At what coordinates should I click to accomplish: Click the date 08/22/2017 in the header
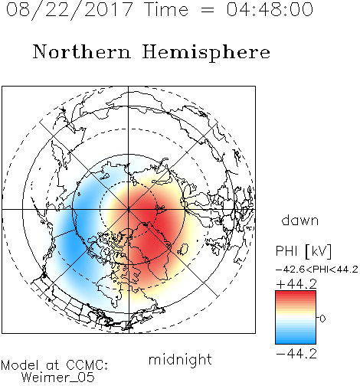(69, 9)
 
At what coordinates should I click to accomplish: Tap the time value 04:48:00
(270, 9)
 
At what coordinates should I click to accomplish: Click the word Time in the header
(166, 9)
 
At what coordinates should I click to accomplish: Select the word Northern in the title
(82, 52)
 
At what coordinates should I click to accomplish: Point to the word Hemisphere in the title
(206, 53)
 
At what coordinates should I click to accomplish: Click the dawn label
(300, 221)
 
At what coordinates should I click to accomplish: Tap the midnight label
(180, 359)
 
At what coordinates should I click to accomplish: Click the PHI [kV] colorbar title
(303, 251)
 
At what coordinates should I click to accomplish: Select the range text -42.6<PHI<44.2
(317, 270)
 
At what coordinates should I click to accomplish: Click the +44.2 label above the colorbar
(296, 284)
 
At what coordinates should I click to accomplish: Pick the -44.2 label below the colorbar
(296, 354)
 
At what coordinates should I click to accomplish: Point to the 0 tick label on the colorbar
(322, 319)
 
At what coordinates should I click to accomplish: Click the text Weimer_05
(58, 378)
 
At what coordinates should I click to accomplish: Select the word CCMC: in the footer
(87, 365)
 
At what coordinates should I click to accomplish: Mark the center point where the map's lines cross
(129, 209)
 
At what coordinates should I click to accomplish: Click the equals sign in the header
(207, 10)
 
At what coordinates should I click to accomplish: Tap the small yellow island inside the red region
(183, 249)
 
